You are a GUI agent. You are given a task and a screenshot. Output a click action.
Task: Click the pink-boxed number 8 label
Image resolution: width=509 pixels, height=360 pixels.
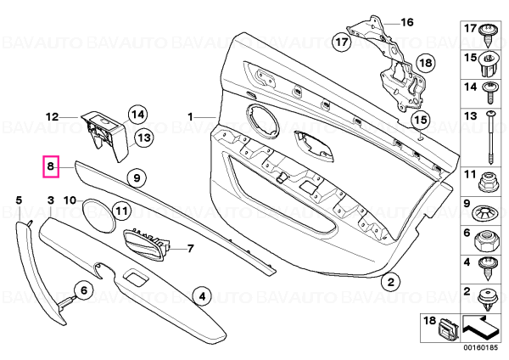[51, 166]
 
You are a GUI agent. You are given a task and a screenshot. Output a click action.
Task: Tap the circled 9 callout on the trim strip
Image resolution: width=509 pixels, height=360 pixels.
[137, 178]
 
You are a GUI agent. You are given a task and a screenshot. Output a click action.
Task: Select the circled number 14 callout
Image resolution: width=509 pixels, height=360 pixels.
[137, 115]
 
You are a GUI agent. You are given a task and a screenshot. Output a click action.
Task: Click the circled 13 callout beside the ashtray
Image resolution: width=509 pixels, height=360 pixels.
[144, 138]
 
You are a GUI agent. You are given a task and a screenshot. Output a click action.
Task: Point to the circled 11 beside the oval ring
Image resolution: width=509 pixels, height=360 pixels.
[121, 211]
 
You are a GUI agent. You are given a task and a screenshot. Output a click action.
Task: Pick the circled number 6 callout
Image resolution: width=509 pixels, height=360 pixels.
[84, 290]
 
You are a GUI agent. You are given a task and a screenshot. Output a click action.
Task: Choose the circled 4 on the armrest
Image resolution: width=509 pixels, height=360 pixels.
[202, 296]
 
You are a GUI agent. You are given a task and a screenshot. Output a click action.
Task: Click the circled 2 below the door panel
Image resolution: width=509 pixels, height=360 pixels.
[391, 282]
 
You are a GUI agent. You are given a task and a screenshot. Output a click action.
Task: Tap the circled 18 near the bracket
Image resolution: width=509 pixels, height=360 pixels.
[426, 62]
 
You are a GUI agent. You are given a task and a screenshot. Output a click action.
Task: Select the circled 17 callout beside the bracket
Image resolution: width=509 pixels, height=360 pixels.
[342, 42]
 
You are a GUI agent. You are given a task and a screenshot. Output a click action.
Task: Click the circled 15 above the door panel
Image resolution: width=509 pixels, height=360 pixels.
[421, 120]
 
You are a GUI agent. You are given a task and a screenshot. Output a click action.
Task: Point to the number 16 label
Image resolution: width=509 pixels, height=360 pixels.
[407, 22]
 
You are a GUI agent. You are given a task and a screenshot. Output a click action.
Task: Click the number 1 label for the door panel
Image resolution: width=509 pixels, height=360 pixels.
[191, 116]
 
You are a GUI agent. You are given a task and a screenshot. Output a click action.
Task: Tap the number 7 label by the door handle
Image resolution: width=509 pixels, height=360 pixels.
[191, 249]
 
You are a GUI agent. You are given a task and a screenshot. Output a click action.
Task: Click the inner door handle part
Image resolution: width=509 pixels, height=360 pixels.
[145, 245]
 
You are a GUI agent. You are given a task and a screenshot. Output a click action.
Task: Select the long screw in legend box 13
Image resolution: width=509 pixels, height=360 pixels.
[490, 138]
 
